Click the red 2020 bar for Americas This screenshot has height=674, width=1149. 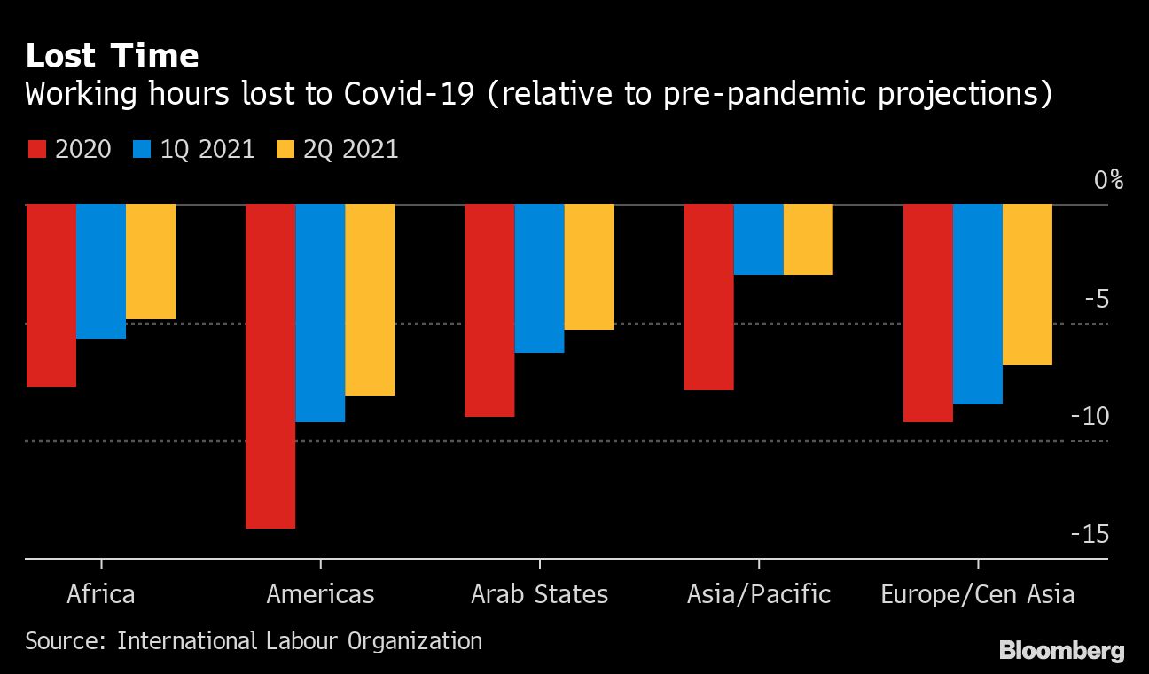tap(270, 366)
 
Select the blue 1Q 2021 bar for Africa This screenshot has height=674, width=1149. tap(101, 271)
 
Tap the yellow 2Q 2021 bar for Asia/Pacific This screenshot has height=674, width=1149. tap(809, 239)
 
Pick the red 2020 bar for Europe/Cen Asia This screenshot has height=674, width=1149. tap(928, 313)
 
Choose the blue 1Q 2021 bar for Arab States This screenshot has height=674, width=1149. tap(539, 278)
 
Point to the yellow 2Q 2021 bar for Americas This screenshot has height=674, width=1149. tap(370, 300)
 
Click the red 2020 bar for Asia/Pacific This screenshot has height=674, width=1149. tap(709, 297)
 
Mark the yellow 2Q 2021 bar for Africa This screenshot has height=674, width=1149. tap(151, 262)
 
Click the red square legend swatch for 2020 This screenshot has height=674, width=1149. tap(35, 149)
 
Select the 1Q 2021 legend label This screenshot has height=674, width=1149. tap(207, 149)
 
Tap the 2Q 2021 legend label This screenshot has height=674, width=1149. tap(351, 149)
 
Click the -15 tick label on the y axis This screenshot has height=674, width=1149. tap(1090, 534)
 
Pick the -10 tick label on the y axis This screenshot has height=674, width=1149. tap(1090, 416)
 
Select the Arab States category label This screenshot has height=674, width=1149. tap(539, 593)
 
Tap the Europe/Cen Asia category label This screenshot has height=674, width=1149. tap(977, 593)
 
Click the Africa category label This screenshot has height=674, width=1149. tap(101, 593)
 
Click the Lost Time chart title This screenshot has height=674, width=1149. tap(112, 56)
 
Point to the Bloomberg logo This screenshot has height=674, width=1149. tap(1061, 651)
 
